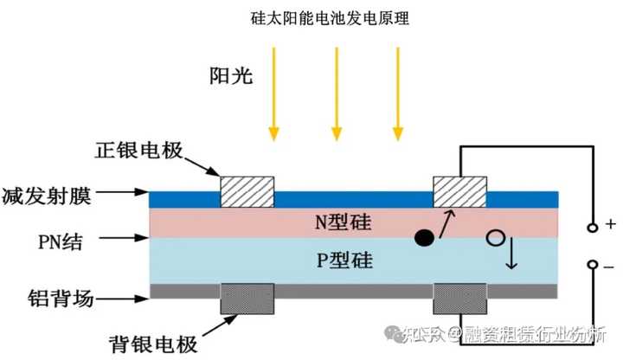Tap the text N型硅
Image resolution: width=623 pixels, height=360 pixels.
point(342,222)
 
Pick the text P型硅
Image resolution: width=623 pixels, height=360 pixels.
point(342,260)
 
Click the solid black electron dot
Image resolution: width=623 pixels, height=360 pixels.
point(424,238)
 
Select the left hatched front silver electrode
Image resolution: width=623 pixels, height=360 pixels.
point(248,191)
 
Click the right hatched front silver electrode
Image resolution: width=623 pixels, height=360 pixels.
point(459,191)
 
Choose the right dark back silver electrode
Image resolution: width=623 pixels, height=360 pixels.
point(459,299)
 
